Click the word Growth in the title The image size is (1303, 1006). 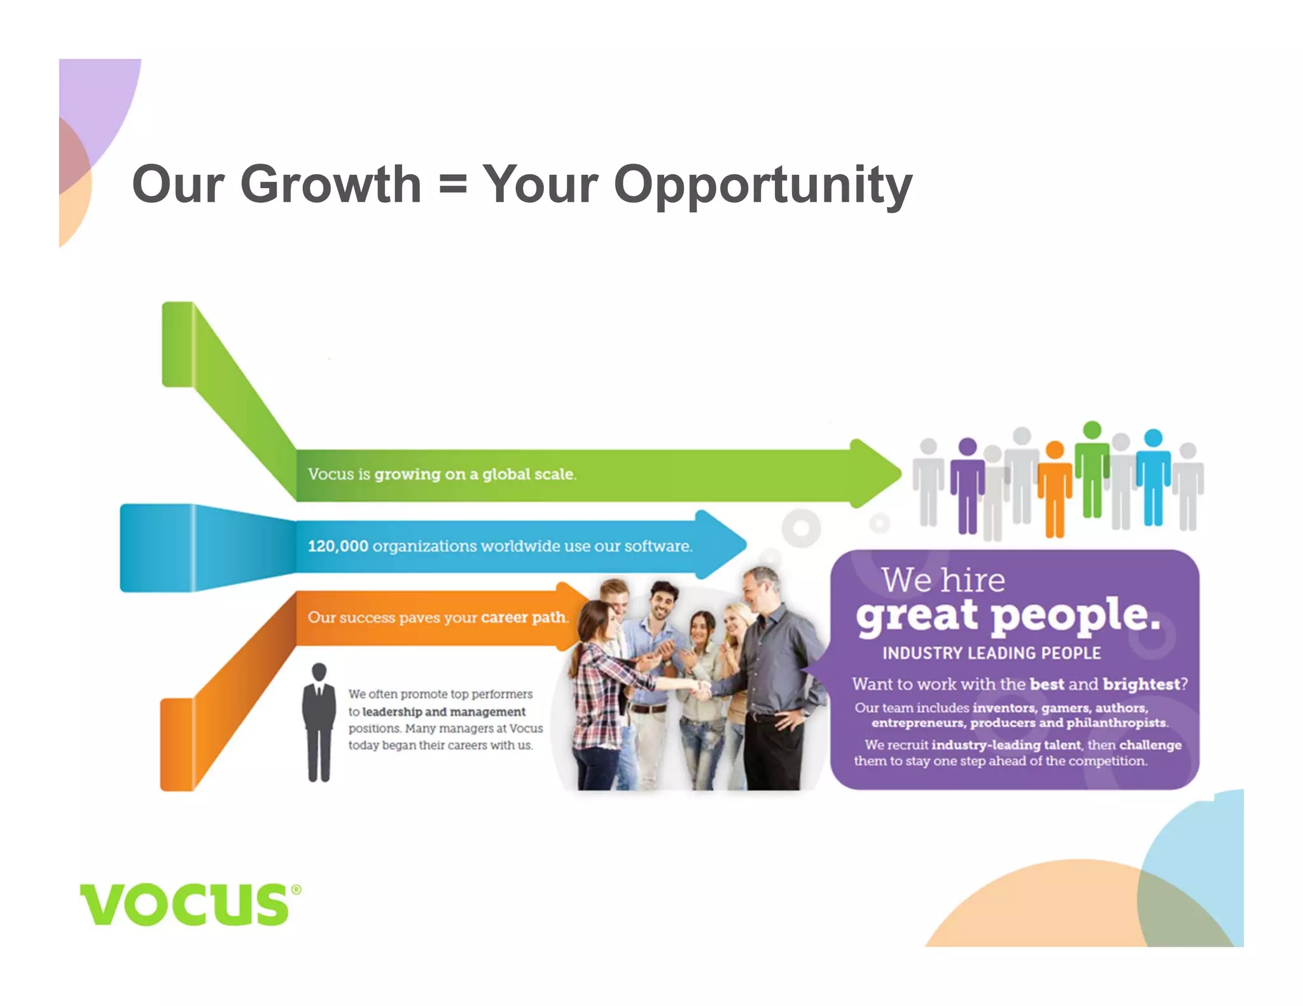pos(330,184)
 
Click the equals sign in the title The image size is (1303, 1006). pos(452,186)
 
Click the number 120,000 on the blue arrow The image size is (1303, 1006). pos(338,546)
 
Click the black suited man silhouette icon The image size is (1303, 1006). pos(319,722)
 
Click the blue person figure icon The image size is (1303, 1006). pos(1153,476)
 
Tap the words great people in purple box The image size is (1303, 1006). pos(1008,616)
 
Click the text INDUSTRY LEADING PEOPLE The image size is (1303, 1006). pos(991,653)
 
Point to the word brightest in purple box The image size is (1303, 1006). pos(1141,684)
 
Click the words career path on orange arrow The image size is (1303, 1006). pos(524,617)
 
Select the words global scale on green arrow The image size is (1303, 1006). pos(528,474)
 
